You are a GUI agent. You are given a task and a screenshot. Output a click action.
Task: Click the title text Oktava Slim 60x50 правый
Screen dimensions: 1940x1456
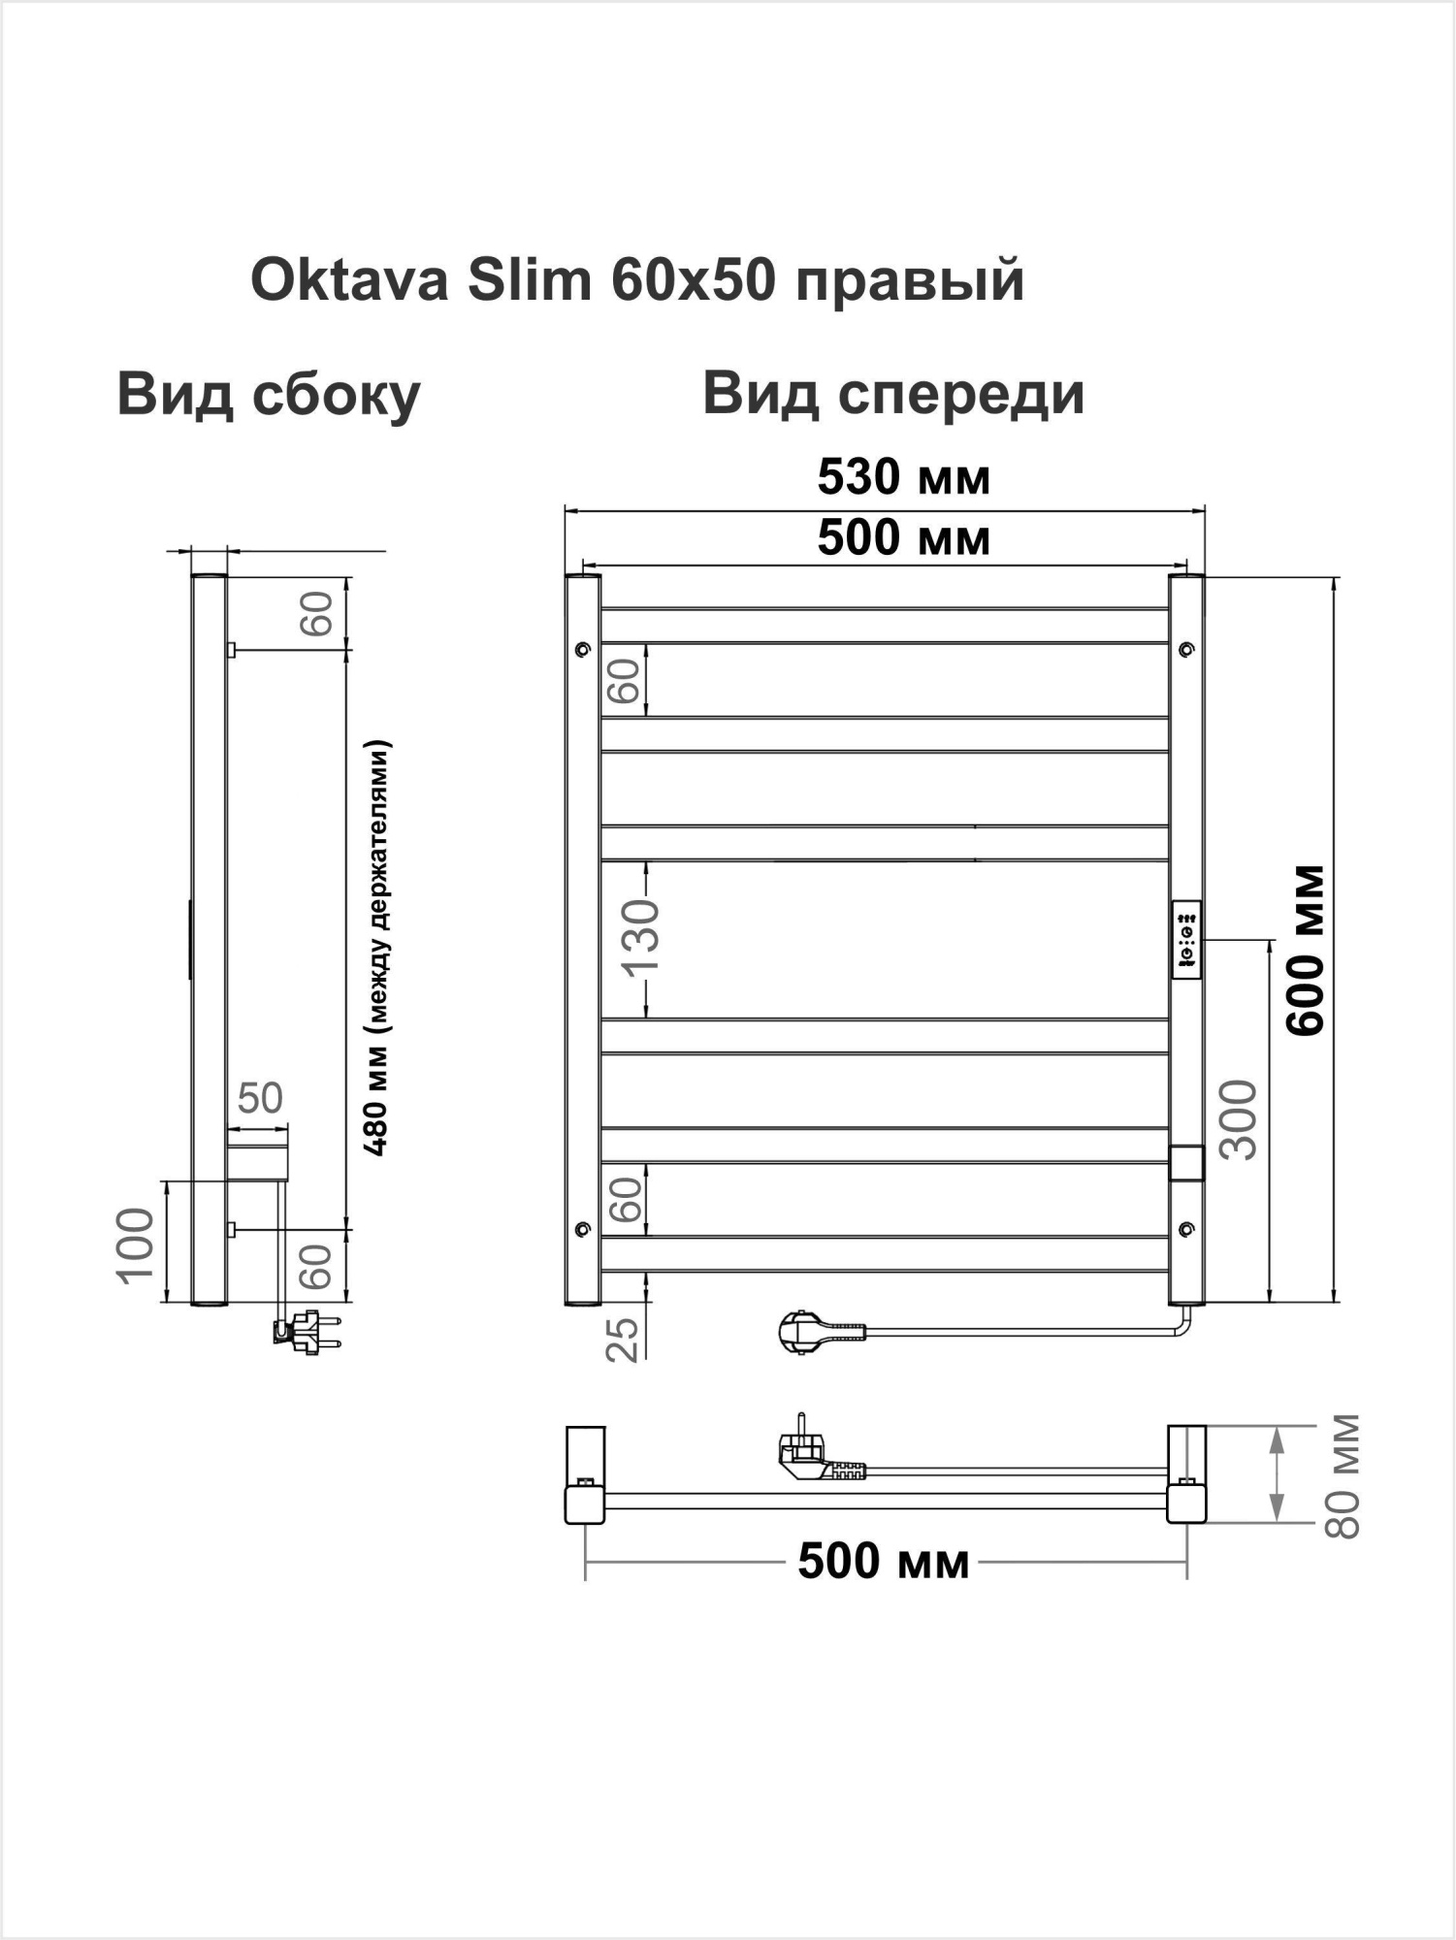637,281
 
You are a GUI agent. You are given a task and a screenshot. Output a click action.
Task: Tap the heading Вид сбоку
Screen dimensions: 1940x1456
269,395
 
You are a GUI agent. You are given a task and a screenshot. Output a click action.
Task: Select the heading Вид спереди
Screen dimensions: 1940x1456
892,394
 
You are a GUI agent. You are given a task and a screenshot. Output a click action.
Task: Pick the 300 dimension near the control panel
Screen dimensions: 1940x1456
1240,1119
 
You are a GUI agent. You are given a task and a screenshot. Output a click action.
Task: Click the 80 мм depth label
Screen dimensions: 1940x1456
1343,1476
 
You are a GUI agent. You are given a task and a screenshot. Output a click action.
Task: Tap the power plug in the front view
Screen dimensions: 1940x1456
803,1331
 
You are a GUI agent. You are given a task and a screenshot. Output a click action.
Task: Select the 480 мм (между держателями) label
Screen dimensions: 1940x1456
378,949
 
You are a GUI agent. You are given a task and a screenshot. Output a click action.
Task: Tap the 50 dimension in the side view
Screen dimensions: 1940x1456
260,1099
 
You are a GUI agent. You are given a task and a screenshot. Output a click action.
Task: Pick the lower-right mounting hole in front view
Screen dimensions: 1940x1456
1186,1229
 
